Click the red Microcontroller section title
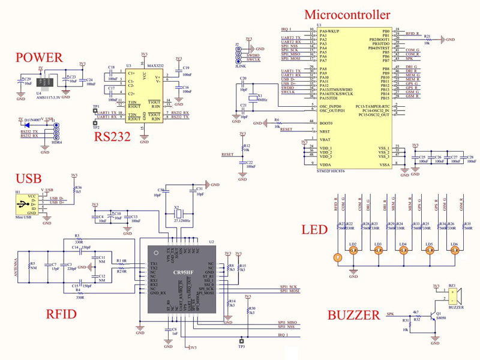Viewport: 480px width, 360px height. [x=347, y=14]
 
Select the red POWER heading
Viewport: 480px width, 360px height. [x=39, y=58]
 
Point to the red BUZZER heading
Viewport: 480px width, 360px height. [x=353, y=315]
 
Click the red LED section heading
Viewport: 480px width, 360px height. [x=314, y=230]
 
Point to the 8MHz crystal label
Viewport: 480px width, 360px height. [x=262, y=99]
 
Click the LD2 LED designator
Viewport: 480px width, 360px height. [x=353, y=244]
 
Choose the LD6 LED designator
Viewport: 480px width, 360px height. [x=454, y=244]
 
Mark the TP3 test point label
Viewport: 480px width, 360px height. [x=241, y=347]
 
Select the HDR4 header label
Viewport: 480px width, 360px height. [x=56, y=142]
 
